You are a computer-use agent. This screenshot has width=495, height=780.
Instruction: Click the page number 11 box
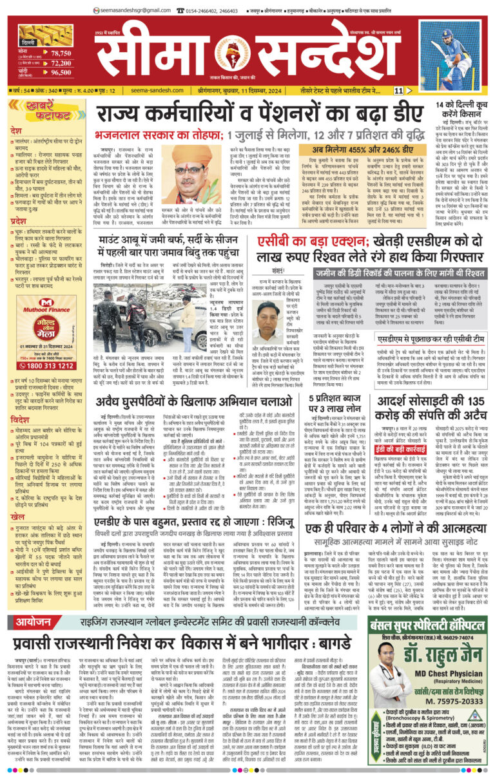pyautogui.click(x=399, y=91)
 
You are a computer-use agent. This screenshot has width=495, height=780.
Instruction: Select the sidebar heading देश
pyautogui.click(x=15, y=130)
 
